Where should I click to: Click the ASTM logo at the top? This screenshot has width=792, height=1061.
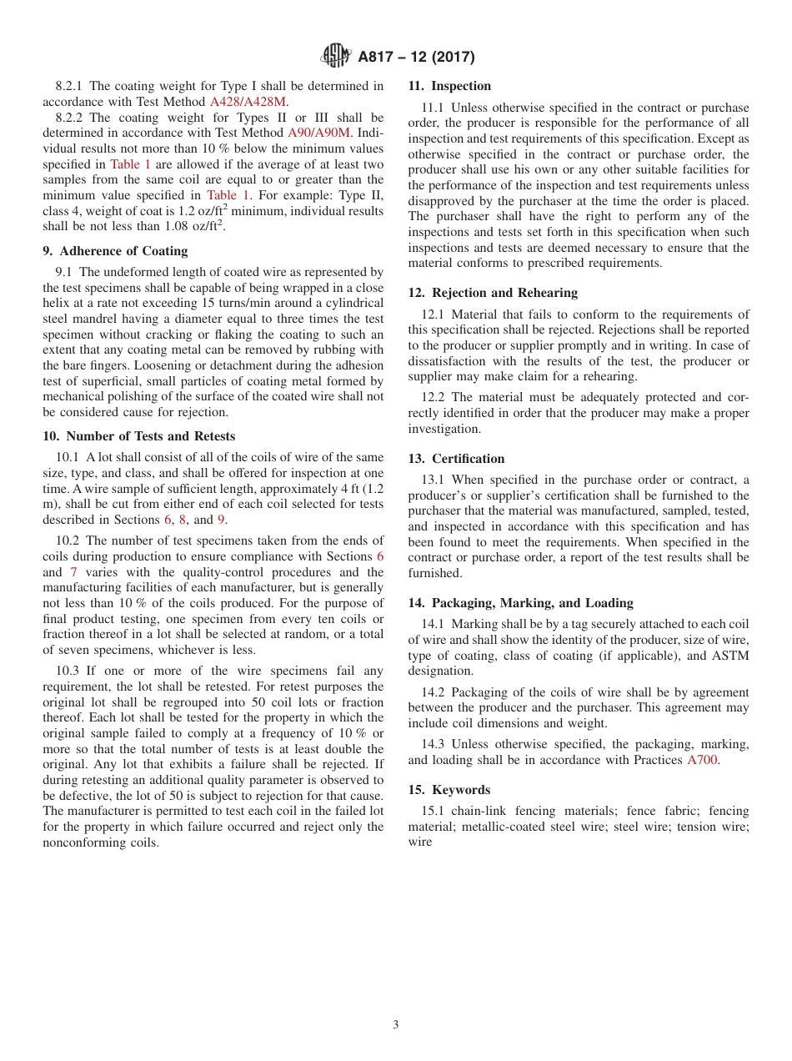click(337, 57)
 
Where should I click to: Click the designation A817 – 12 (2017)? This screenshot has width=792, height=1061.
click(416, 58)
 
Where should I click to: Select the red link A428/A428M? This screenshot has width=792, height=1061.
click(248, 102)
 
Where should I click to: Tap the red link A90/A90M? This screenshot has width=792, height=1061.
click(319, 133)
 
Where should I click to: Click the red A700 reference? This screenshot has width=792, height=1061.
click(701, 760)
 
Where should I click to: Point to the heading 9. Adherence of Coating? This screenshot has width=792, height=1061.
click(115, 251)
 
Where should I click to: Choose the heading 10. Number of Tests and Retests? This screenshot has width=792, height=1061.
click(138, 436)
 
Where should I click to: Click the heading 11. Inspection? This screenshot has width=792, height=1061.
click(449, 86)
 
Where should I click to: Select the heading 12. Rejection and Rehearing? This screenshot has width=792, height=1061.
click(493, 293)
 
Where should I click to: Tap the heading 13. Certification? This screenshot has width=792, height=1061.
click(456, 459)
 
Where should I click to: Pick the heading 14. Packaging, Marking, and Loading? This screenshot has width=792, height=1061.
click(520, 603)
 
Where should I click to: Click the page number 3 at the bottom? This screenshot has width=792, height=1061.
click(396, 1025)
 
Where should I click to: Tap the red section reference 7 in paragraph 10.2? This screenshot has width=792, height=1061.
click(73, 572)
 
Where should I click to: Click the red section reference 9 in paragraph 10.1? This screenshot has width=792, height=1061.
click(221, 520)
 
